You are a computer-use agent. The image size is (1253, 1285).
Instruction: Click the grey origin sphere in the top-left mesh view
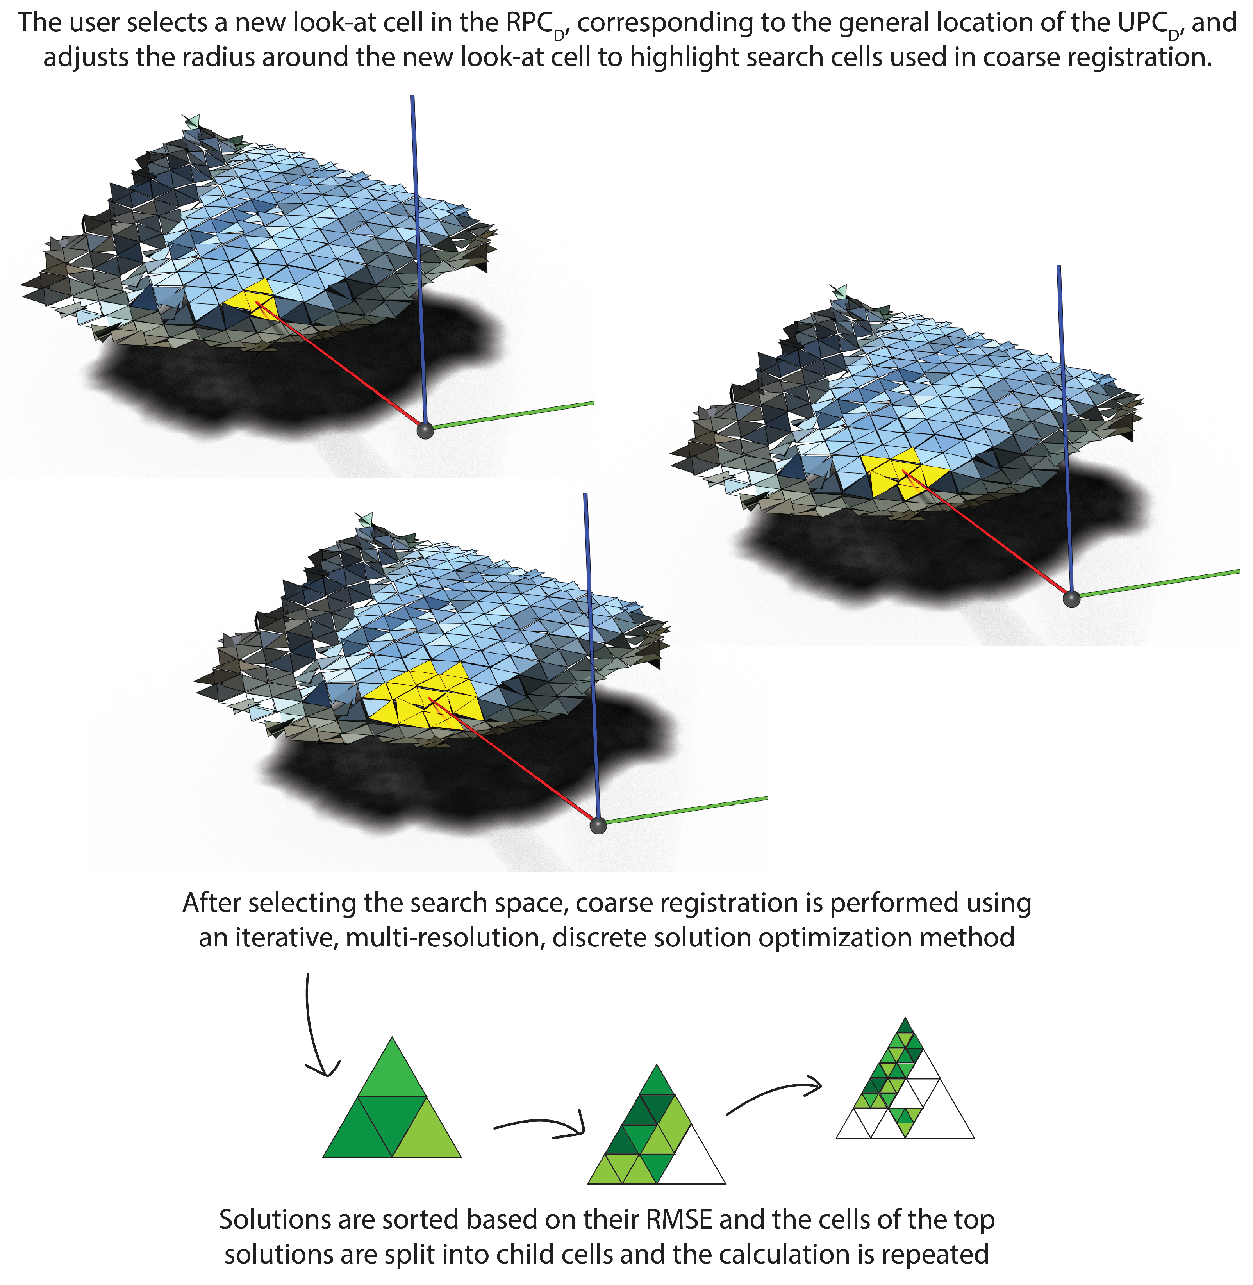tap(425, 431)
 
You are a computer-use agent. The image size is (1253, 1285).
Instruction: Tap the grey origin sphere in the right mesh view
tap(1071, 599)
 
